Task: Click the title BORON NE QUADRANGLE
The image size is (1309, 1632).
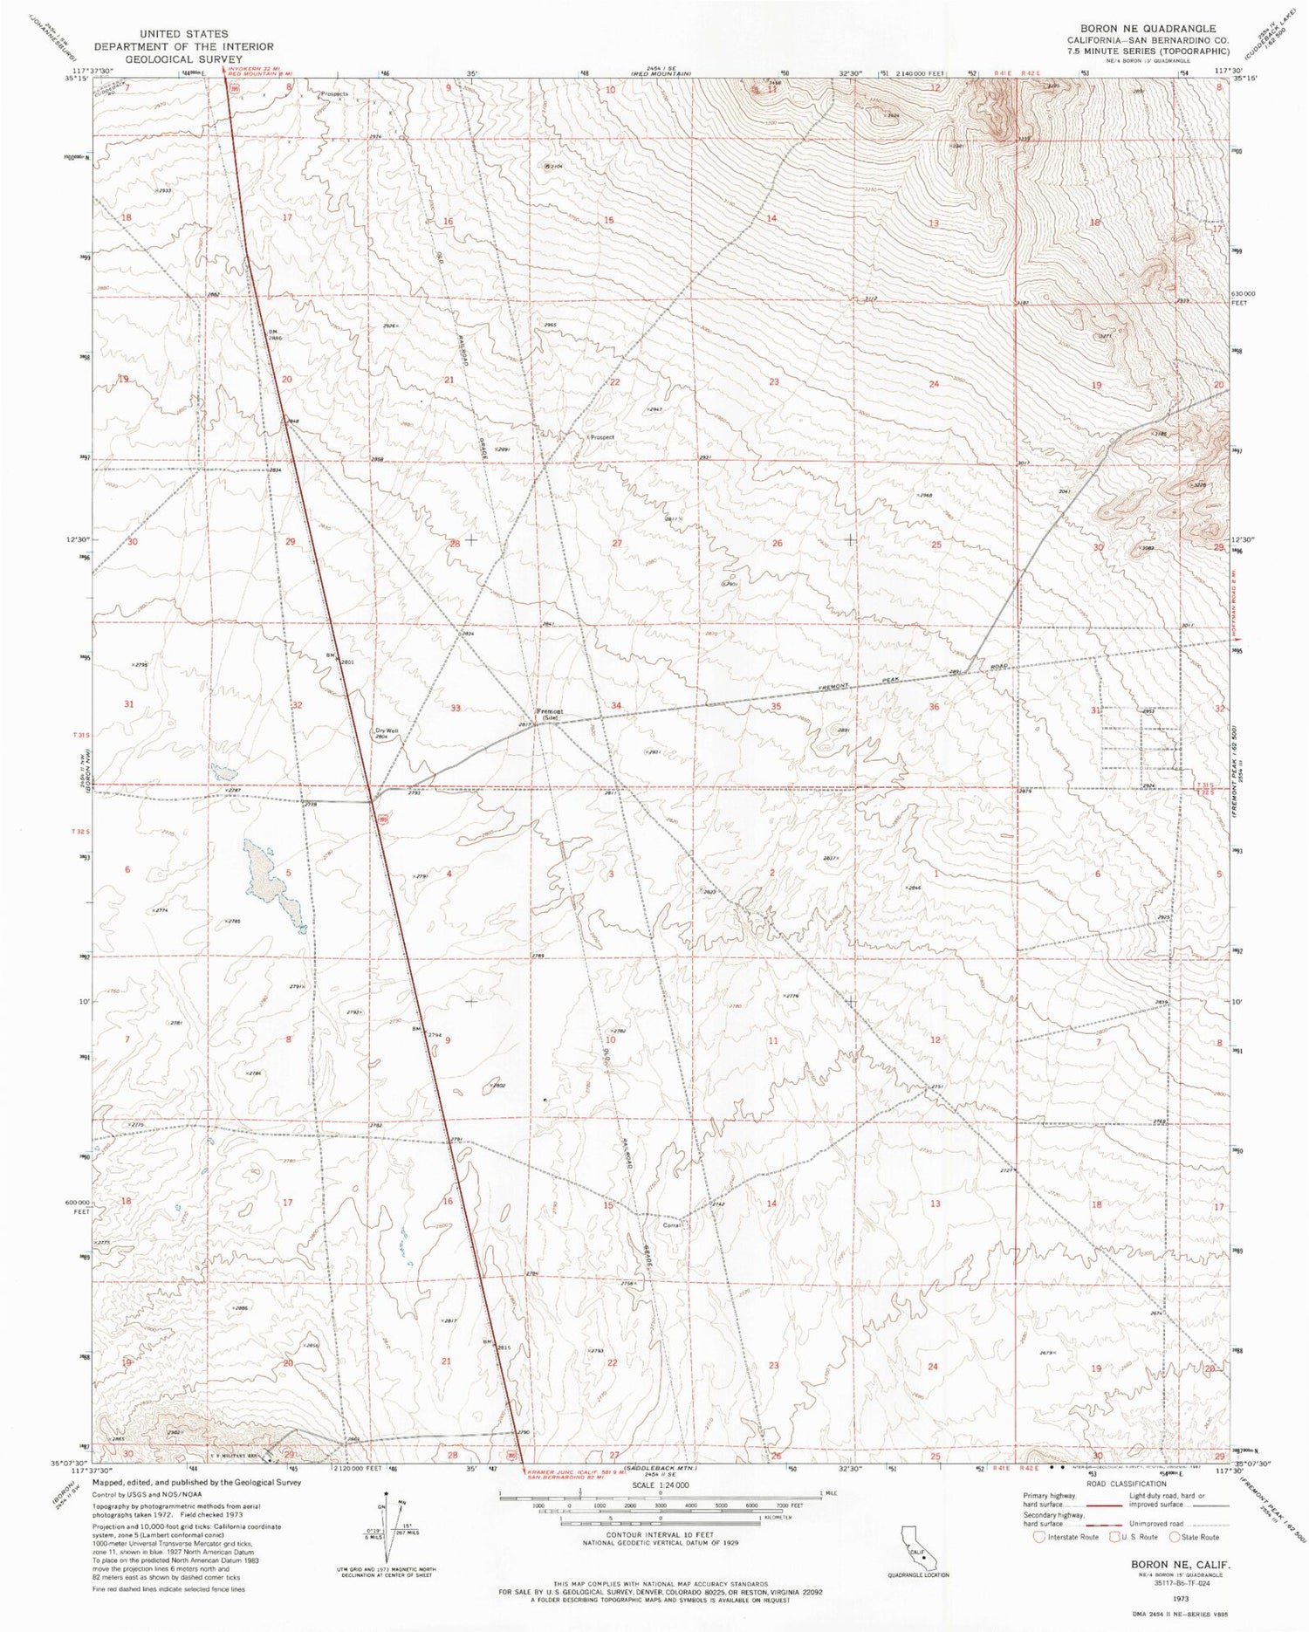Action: (x=1142, y=28)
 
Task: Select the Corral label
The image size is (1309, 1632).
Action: (x=671, y=1225)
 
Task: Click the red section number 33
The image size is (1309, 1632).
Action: (x=456, y=707)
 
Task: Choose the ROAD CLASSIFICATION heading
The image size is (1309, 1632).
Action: (x=1126, y=1484)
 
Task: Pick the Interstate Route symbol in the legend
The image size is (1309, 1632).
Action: (x=1038, y=1537)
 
